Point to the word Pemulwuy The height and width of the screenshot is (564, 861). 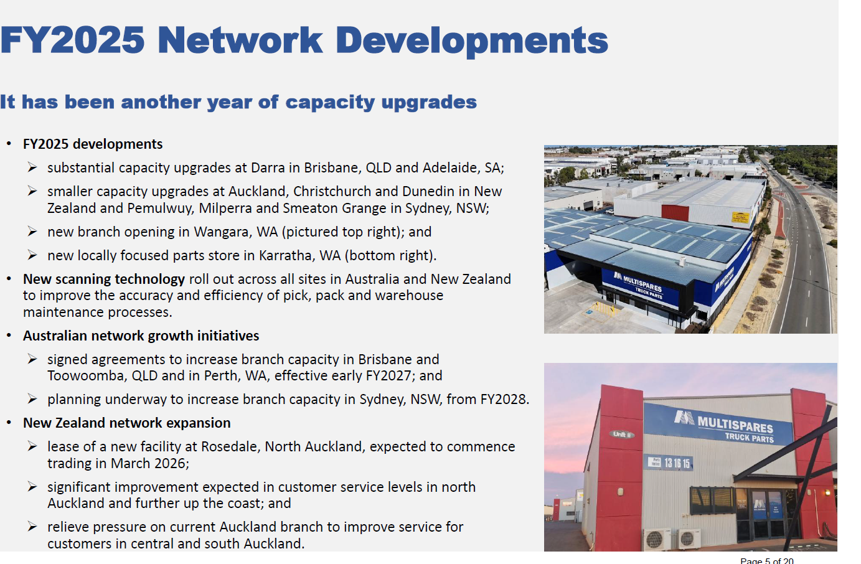point(161,208)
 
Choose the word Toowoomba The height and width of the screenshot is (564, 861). point(87,375)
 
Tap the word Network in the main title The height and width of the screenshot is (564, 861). point(240,40)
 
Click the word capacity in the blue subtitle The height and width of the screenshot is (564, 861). point(330,103)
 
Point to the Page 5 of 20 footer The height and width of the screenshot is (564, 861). point(767,561)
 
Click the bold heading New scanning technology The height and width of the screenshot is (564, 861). point(104,279)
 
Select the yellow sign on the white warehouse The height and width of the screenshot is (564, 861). point(741,217)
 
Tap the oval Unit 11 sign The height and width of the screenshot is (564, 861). point(622,435)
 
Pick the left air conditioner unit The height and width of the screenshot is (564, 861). point(657,539)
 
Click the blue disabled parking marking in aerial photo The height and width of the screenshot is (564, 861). point(589,312)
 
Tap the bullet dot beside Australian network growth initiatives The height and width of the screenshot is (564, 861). point(9,336)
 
